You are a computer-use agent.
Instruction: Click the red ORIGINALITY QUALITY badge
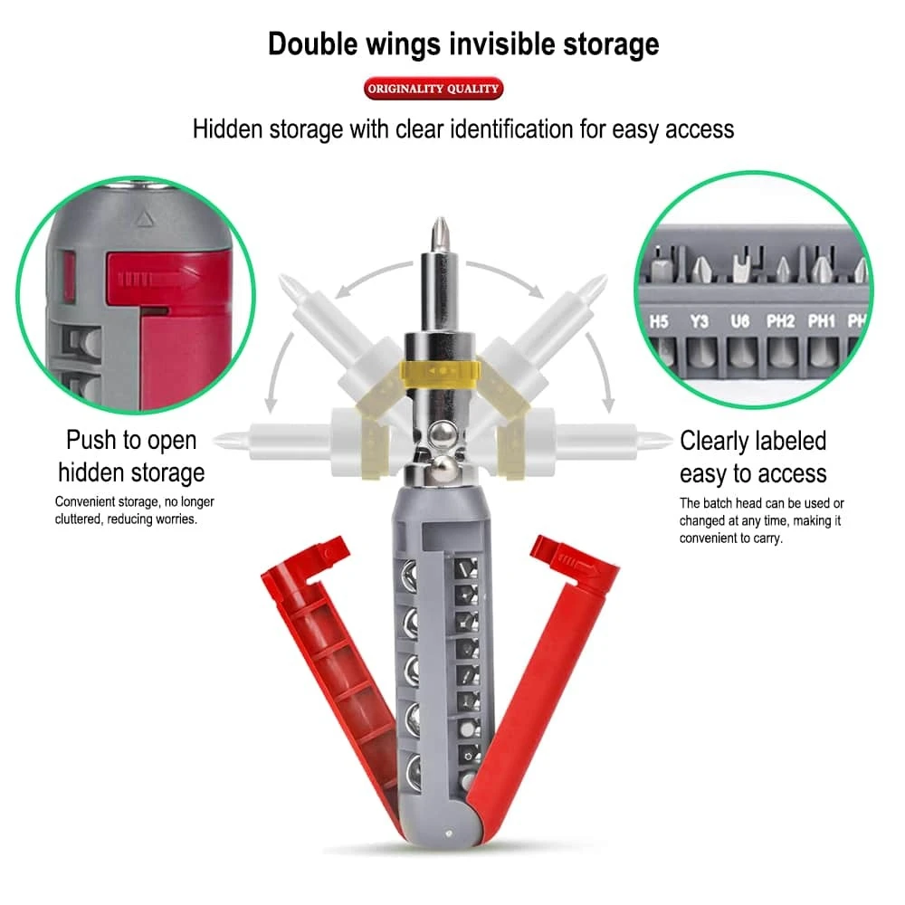(433, 89)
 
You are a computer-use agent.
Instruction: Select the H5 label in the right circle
(660, 320)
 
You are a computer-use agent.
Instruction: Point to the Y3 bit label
(699, 320)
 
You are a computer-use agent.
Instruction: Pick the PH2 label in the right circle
(780, 320)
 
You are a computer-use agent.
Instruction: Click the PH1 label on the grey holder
(822, 320)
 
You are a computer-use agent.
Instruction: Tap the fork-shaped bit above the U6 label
(741, 264)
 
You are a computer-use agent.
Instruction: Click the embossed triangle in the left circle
(139, 218)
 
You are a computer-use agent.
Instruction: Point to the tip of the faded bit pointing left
(221, 441)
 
